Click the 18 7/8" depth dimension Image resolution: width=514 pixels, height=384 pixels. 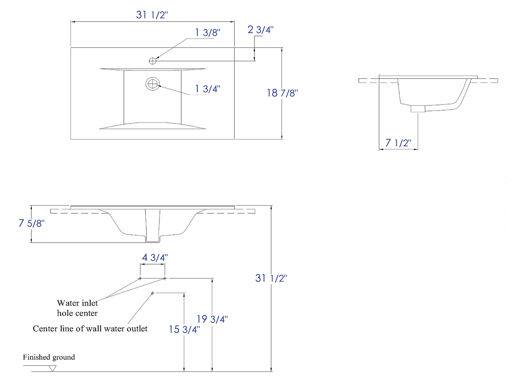coord(282,93)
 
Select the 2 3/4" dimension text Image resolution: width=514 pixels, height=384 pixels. coord(260,30)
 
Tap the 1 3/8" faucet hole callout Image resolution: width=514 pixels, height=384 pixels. coord(208,33)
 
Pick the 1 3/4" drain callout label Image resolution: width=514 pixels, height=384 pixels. coord(208,89)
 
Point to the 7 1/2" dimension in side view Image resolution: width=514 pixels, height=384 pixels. coord(398,143)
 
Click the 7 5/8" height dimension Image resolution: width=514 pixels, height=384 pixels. coord(32,223)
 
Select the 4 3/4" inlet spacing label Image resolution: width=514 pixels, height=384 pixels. coord(155,257)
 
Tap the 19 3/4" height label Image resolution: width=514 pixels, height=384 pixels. coord(212,319)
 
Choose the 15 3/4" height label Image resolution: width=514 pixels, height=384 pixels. coord(184,329)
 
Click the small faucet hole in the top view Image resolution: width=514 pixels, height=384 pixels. coord(152,61)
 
